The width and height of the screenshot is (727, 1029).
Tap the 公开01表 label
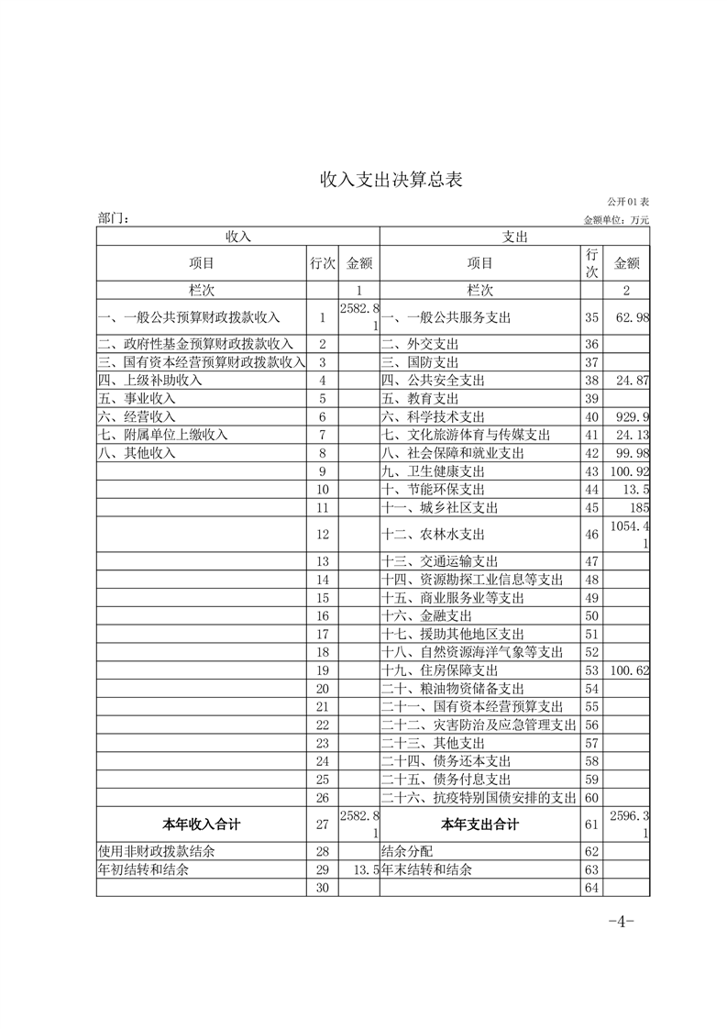point(627,201)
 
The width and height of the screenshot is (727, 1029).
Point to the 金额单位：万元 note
point(616,220)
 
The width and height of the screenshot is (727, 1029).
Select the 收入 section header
point(238,237)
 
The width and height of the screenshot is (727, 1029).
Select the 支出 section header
point(514,237)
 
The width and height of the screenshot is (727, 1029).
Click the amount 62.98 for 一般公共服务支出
point(630,317)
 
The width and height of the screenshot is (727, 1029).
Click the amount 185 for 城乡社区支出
point(640,507)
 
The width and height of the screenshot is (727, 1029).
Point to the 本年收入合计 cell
point(202,824)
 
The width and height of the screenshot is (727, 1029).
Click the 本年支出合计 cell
point(479,824)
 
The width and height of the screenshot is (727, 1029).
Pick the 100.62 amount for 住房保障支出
point(630,670)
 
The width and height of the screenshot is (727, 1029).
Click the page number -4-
point(622,922)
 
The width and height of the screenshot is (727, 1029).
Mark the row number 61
point(591,824)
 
